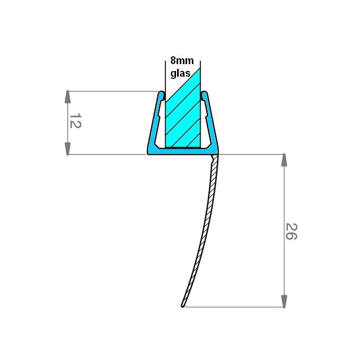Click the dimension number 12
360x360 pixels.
tap(75, 121)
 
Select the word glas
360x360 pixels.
tap(180, 74)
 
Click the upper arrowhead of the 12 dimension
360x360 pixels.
tap(68, 97)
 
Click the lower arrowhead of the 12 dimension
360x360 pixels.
tap(68, 148)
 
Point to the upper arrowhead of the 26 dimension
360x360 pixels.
tap(284, 161)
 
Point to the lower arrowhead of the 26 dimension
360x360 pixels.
tap(284, 301)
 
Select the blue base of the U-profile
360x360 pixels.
tap(181, 151)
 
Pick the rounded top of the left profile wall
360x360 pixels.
tap(160, 95)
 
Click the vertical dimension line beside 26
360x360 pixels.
tap(284, 200)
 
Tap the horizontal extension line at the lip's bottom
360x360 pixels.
tap(236, 307)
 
